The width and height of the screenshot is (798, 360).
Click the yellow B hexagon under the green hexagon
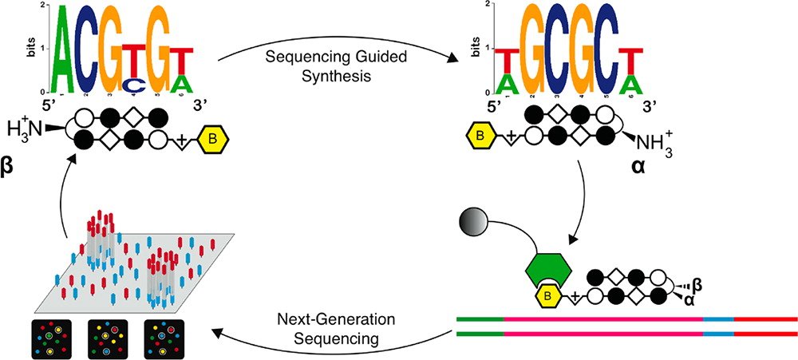pyautogui.click(x=549, y=299)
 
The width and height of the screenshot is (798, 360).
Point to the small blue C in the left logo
pyautogui.click(x=136, y=85)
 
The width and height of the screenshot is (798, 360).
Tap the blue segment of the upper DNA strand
pyautogui.click(x=717, y=318)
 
